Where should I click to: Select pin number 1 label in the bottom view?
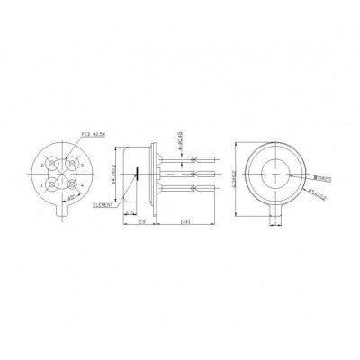pyautogui.click(x=39, y=185)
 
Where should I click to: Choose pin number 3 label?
pyautogui.click(x=83, y=166)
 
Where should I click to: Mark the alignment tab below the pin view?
pyautogui.click(x=61, y=215)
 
